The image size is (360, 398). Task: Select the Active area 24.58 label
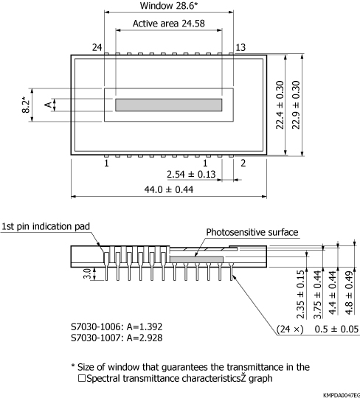click(x=168, y=24)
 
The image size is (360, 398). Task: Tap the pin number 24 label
click(x=96, y=47)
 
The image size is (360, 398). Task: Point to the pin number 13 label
click(x=240, y=47)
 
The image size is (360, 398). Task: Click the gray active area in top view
click(x=168, y=105)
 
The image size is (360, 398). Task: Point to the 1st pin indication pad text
click(x=46, y=226)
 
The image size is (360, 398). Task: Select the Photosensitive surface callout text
click(x=252, y=232)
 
